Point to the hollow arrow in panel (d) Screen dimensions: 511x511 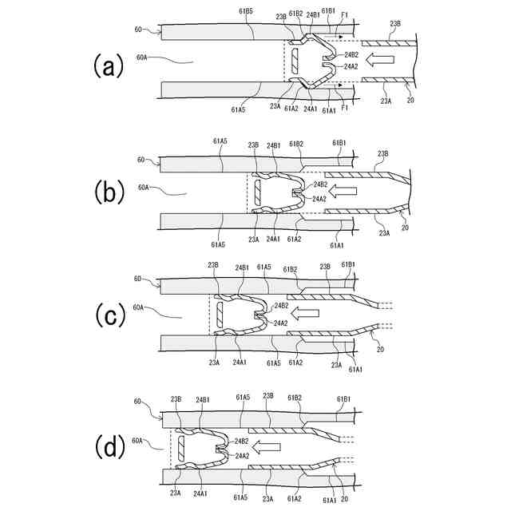tap(270, 446)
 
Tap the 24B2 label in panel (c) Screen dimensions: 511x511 tap(281, 306)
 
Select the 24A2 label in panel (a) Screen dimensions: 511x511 tap(351, 67)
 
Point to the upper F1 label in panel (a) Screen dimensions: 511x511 tap(344, 14)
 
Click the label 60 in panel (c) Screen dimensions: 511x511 tap(138, 279)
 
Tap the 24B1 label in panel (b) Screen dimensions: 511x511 tap(274, 145)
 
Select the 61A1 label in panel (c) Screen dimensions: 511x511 tap(356, 369)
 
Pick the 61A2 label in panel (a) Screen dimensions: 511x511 tap(292, 109)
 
